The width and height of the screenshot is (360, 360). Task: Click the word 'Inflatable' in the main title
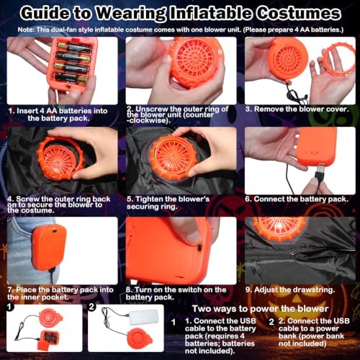(x=210, y=14)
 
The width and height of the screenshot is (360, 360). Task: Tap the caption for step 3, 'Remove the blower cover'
(x=297, y=109)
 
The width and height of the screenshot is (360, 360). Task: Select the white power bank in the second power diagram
(x=144, y=317)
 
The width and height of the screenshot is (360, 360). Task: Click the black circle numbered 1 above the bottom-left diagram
(x=9, y=307)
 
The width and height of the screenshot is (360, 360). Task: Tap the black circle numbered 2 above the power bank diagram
(x=91, y=307)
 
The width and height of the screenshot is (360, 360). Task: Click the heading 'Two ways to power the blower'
(x=260, y=309)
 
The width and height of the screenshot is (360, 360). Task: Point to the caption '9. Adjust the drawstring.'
(x=290, y=289)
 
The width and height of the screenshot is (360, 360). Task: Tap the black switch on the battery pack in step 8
(x=199, y=247)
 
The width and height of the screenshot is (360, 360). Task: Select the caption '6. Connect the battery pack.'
(x=297, y=199)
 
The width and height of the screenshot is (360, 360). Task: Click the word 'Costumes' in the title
(x=299, y=14)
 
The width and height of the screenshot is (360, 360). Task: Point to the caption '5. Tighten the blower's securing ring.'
(x=168, y=203)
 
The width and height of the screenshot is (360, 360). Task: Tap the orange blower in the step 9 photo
(x=279, y=229)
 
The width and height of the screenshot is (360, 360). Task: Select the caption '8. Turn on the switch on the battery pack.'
(x=176, y=293)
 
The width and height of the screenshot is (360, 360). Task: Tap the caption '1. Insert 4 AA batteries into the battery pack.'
(x=58, y=114)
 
